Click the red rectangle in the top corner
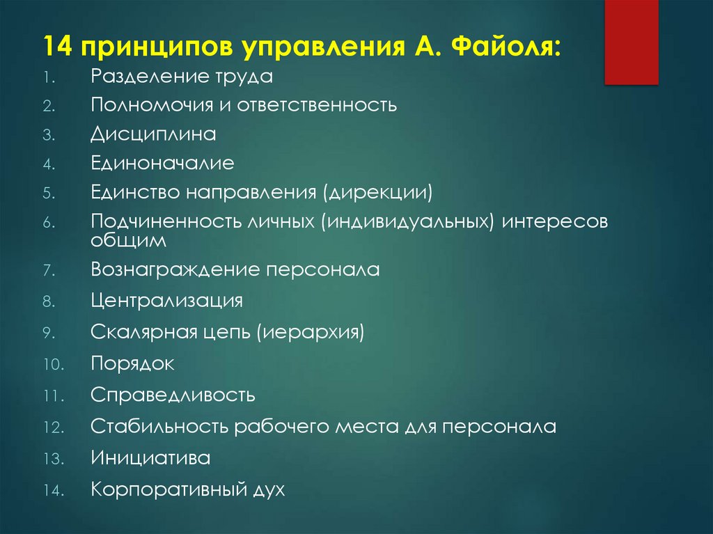(631, 41)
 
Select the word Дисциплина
(153, 134)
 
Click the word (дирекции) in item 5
(376, 191)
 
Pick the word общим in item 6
(129, 241)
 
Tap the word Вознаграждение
(175, 269)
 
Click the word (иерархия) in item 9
(311, 332)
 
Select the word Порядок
(132, 363)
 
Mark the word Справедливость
(173, 395)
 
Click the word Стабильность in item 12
(159, 426)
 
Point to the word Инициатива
(150, 458)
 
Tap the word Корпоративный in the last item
(166, 490)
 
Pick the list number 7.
(48, 270)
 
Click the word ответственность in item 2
(317, 105)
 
